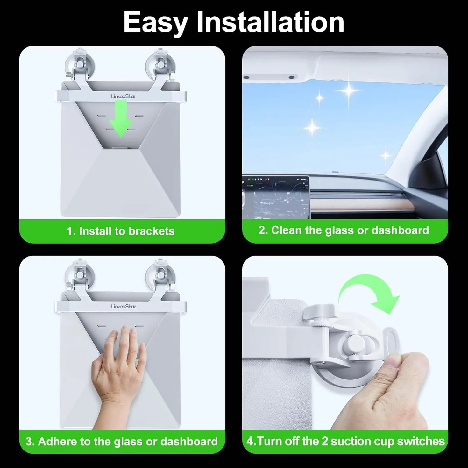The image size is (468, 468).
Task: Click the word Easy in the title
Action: pos(155,23)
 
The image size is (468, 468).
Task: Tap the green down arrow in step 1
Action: pos(121,119)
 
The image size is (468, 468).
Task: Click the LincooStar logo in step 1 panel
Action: pos(124,96)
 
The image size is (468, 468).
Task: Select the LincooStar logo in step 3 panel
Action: pos(124,307)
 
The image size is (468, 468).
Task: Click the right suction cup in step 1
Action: pos(160,66)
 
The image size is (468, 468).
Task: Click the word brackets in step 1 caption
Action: pos(152,231)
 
